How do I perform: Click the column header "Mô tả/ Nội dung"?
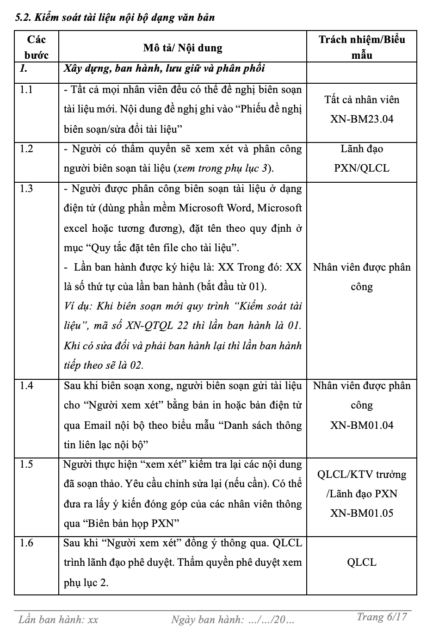183,48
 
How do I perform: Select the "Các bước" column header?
36,47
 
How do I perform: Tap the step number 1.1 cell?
26,90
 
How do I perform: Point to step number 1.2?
26,149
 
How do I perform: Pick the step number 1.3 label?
26,189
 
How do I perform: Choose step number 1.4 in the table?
26,385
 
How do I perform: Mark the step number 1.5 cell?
26,464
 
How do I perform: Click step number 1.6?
26,543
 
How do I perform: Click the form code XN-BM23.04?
362,119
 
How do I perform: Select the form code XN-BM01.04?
362,425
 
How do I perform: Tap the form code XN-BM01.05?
362,513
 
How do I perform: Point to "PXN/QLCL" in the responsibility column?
362,168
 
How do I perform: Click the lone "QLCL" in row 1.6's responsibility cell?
362,563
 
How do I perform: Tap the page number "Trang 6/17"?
382,617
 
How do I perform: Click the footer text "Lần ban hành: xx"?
58,619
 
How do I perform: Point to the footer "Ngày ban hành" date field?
232,619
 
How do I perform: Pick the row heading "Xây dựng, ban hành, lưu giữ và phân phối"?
164,68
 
